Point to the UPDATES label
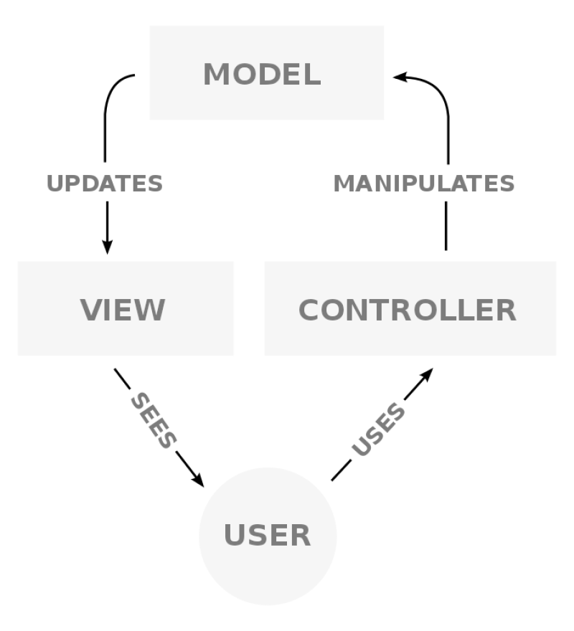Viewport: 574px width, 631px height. coord(105,184)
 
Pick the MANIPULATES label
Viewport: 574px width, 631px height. coord(424,184)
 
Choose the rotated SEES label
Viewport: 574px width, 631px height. coord(153,421)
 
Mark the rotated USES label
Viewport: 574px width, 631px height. coord(378,430)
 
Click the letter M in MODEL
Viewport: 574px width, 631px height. coord(217,75)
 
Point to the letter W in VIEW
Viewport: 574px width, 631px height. coord(151,310)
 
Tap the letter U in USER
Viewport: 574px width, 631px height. coord(236,536)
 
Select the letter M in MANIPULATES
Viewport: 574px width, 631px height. coord(344,184)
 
